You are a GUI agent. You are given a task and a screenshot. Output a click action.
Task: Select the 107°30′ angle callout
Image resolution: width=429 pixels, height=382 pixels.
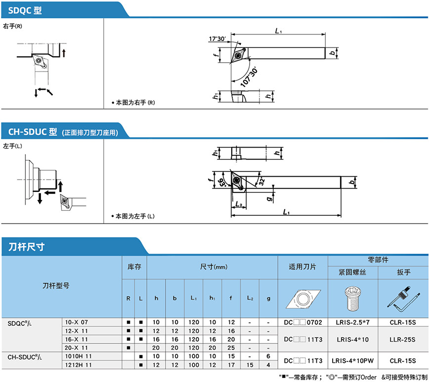pyautogui.click(x=248, y=76)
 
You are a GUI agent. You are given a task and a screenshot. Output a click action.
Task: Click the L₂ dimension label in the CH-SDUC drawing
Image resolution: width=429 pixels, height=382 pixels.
pyautogui.click(x=238, y=203)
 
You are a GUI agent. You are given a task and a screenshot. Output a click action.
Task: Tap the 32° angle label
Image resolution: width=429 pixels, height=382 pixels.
pyautogui.click(x=260, y=182)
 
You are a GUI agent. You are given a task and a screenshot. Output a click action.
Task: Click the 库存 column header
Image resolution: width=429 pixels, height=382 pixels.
pyautogui.click(x=134, y=267)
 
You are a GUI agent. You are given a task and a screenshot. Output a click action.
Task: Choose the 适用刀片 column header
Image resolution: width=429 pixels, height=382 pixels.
pyautogui.click(x=303, y=267)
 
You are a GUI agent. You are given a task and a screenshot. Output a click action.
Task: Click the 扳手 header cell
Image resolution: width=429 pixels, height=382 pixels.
pyautogui.click(x=403, y=272)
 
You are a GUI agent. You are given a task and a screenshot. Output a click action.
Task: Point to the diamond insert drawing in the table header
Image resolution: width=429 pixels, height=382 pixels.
pyautogui.click(x=302, y=298)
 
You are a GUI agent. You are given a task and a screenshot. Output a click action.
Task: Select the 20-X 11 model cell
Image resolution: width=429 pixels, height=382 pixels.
pyautogui.click(x=77, y=348)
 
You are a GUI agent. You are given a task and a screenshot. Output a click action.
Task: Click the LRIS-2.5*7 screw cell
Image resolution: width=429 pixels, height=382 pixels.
pyautogui.click(x=353, y=322)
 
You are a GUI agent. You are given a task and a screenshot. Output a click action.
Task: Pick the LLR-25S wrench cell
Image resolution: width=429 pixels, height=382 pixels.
pyautogui.click(x=403, y=340)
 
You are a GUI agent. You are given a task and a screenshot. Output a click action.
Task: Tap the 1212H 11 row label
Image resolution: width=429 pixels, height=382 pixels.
pyautogui.click(x=79, y=365)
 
